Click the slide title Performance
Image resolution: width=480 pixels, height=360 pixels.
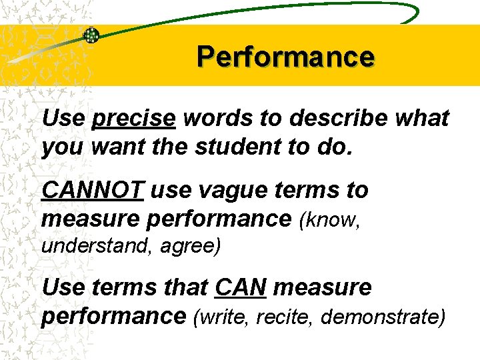pyautogui.click(x=285, y=57)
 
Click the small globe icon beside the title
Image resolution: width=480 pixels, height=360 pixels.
pyautogui.click(x=91, y=35)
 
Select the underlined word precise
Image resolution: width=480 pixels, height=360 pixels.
pyautogui.click(x=135, y=119)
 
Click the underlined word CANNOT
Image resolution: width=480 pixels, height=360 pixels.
pyautogui.click(x=93, y=191)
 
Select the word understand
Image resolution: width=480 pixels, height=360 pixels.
pyautogui.click(x=95, y=246)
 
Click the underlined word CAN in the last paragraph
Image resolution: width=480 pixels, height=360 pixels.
pyautogui.click(x=241, y=288)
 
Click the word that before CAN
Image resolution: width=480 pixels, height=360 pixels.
pyautogui.click(x=184, y=288)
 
